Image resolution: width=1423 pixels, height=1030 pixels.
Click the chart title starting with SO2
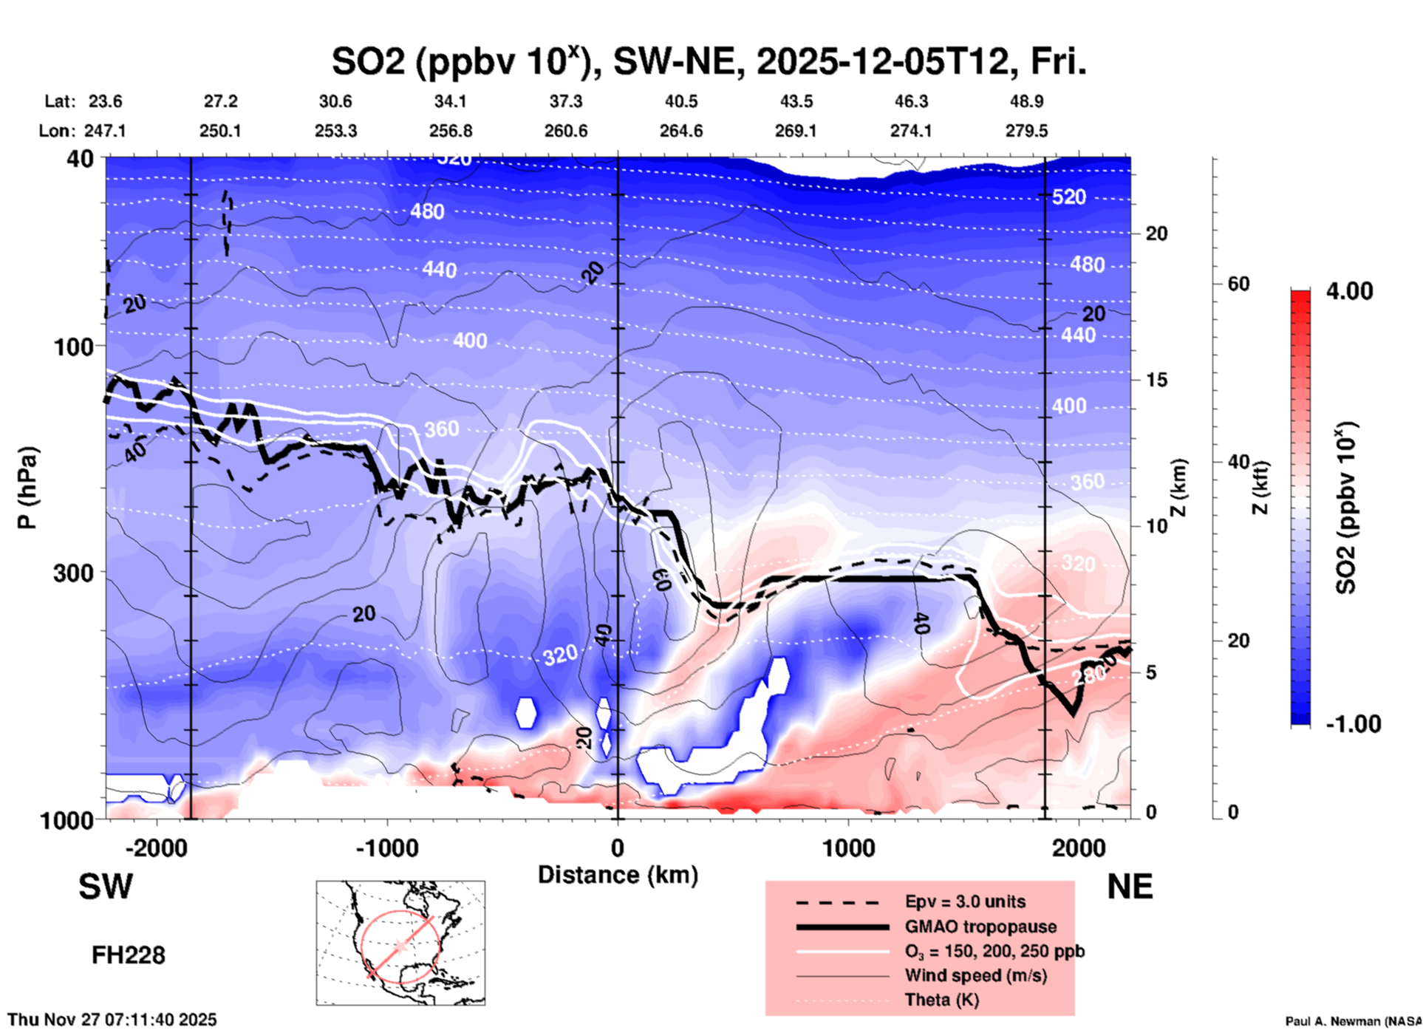[x=709, y=62]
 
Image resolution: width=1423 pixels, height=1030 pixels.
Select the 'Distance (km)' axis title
[x=618, y=875]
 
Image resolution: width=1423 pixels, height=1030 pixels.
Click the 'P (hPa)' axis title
[x=27, y=487]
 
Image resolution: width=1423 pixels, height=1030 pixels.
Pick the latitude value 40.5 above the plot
[x=681, y=101]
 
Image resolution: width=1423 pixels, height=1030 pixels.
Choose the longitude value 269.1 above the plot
[x=796, y=131]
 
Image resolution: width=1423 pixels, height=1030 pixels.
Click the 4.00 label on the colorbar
[x=1349, y=291]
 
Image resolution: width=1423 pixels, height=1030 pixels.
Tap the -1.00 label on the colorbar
[x=1352, y=723]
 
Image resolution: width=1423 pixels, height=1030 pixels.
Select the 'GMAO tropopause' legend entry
[x=980, y=927]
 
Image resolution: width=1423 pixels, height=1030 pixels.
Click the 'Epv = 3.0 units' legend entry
[x=965, y=901]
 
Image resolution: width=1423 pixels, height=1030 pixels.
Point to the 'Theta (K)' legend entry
[x=941, y=1000]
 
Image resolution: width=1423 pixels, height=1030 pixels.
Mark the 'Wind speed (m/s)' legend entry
[x=975, y=975]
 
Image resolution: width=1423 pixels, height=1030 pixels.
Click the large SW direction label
[x=106, y=887]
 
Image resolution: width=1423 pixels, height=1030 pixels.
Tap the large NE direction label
[x=1130, y=887]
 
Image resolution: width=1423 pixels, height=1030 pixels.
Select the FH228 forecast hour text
[x=128, y=955]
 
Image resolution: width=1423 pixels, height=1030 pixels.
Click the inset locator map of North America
[x=400, y=942]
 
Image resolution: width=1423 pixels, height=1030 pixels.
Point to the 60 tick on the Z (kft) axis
[x=1238, y=284]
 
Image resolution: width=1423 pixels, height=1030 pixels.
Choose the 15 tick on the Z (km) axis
[x=1156, y=380]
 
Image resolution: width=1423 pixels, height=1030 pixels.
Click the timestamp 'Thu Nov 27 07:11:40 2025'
[x=112, y=1020]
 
